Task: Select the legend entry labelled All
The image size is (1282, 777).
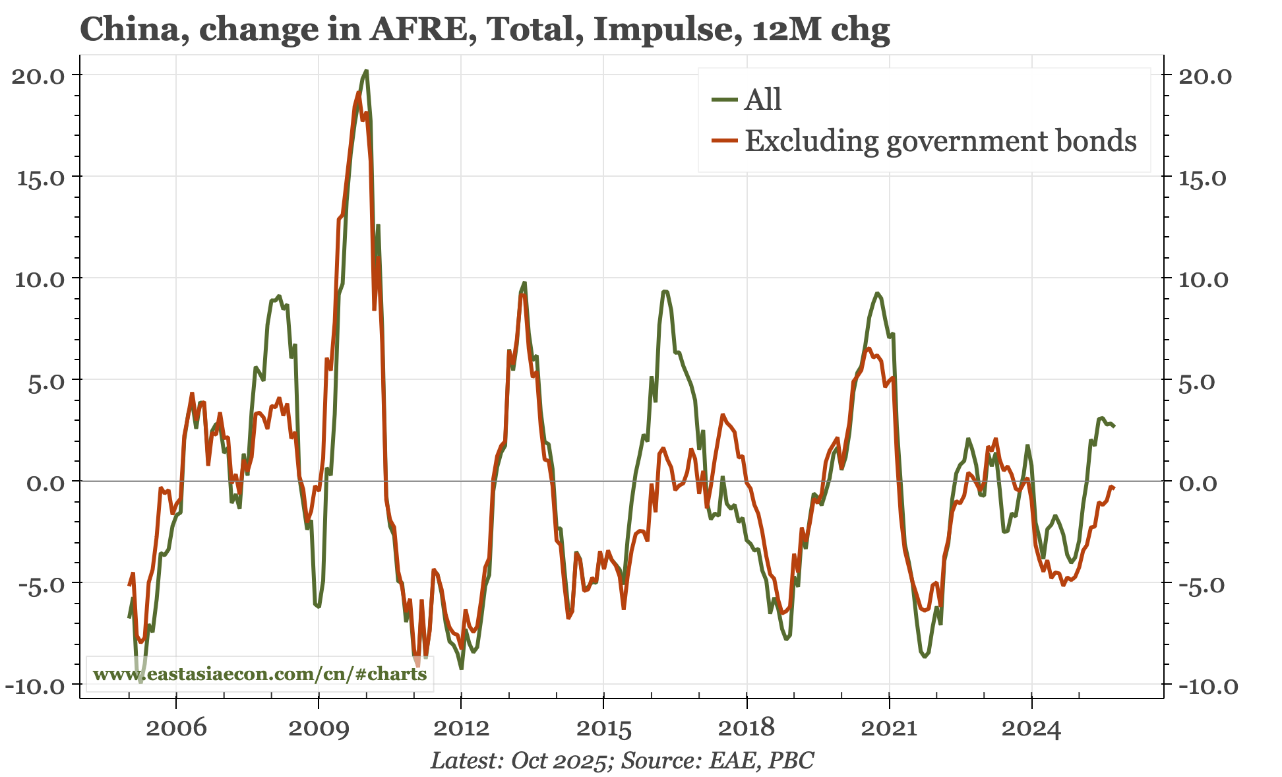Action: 762,100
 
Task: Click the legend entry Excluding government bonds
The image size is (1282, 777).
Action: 940,141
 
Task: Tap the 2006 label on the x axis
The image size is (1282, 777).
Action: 176,729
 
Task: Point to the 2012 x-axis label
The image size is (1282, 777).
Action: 461,729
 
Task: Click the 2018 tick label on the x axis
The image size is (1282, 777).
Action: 746,729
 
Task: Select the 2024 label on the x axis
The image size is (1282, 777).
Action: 1031,729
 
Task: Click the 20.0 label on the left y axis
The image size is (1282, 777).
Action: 38,75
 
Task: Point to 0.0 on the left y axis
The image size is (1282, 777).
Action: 46,482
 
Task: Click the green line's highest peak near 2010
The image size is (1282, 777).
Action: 366,71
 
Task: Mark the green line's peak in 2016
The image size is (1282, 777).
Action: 665,291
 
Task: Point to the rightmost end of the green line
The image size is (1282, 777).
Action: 1114,427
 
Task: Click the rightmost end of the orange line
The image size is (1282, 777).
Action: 1114,487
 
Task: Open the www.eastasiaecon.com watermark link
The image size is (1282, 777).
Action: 260,674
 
